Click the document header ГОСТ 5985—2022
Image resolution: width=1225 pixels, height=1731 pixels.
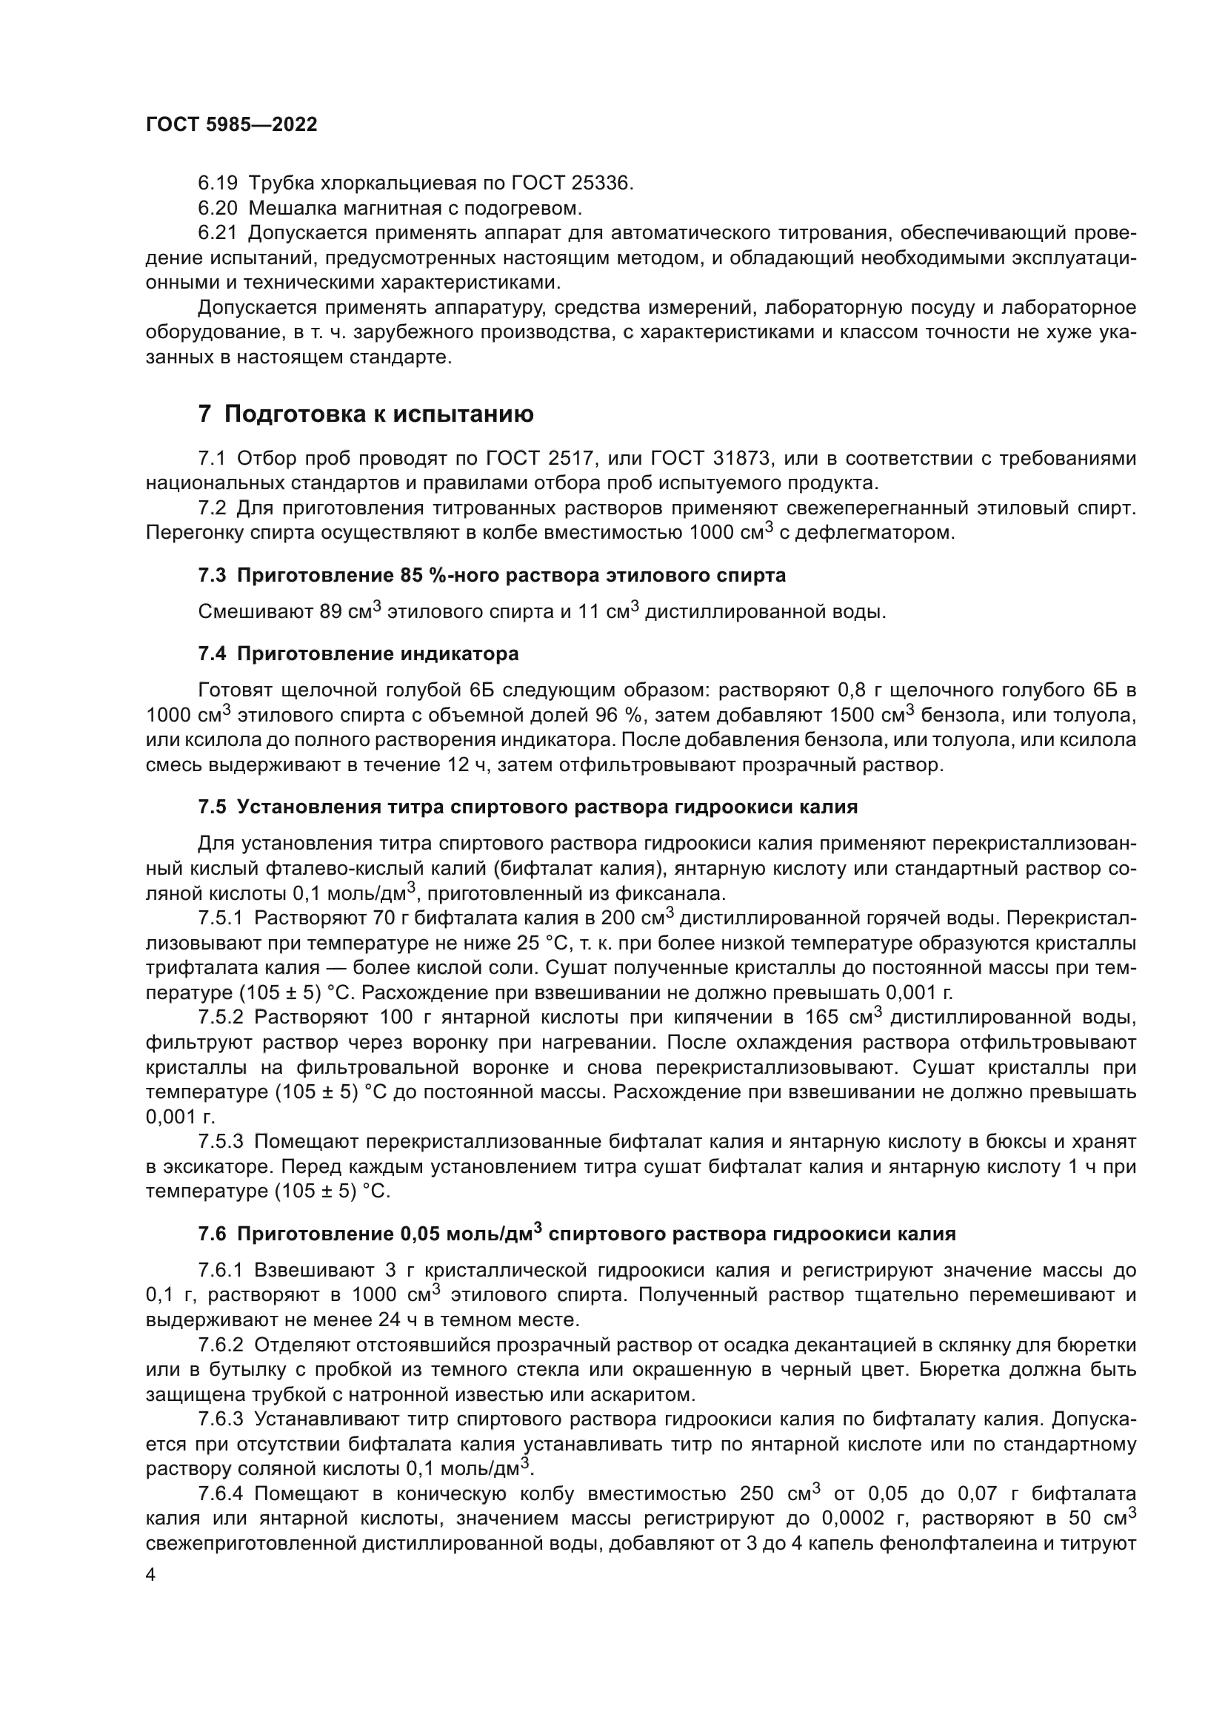point(231,125)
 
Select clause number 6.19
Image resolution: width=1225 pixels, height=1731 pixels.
point(218,184)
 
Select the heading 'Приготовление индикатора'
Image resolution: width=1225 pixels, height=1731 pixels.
point(377,653)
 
